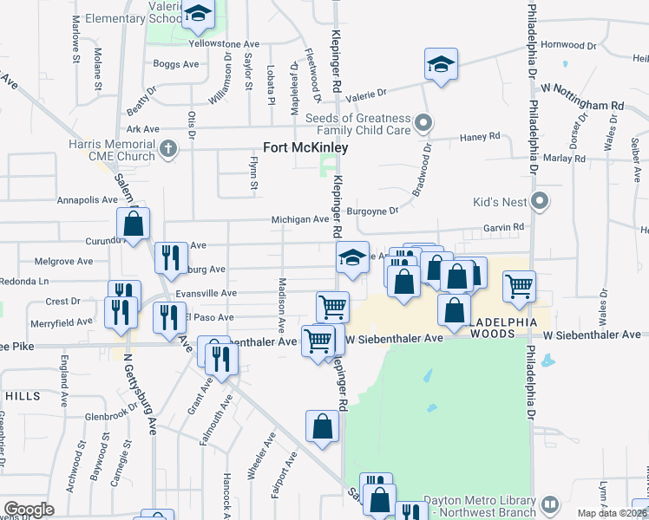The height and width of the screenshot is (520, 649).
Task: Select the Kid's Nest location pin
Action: click(x=540, y=202)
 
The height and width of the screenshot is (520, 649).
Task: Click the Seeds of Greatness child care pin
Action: click(x=423, y=122)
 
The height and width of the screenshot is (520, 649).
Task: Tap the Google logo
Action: click(x=28, y=510)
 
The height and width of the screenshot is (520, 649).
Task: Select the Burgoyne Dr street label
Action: click(x=372, y=211)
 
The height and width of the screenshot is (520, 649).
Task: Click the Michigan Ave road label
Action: click(x=300, y=219)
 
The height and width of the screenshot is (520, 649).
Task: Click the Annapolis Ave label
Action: click(x=86, y=199)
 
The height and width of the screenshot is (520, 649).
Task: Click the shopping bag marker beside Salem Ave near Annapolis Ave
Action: click(x=134, y=224)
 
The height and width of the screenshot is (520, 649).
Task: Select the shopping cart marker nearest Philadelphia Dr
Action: click(x=519, y=285)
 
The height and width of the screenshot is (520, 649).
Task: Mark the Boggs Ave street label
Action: click(x=176, y=63)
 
